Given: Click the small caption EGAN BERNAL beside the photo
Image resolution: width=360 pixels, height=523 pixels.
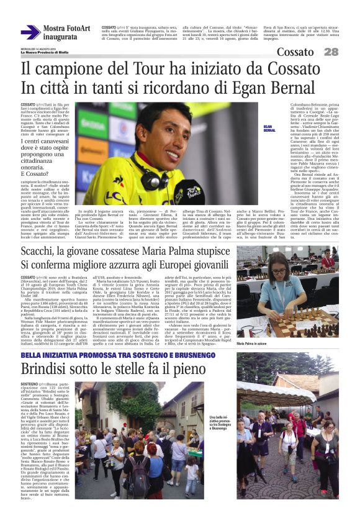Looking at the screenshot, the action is (269, 130).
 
